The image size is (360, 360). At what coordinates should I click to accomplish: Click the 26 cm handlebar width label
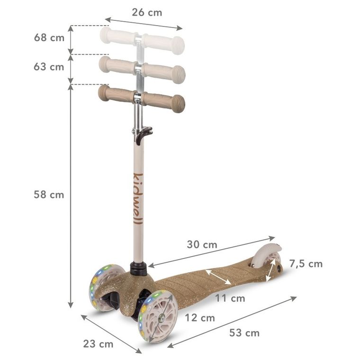(147, 13)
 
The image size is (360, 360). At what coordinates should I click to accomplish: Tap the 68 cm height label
(49, 38)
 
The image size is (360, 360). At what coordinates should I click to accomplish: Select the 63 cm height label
(49, 67)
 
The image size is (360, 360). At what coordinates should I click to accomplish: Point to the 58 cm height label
(49, 195)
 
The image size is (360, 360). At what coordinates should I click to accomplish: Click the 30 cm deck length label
(202, 245)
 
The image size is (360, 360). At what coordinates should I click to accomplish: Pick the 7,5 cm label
(306, 264)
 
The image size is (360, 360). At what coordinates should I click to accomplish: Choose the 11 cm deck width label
(230, 298)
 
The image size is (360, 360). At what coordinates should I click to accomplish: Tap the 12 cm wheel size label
(199, 318)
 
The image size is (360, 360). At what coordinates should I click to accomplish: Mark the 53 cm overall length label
(244, 333)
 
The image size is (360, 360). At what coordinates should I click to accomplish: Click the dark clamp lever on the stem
(142, 134)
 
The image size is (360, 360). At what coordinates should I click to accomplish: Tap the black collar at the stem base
(138, 268)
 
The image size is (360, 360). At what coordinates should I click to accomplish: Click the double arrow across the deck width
(218, 277)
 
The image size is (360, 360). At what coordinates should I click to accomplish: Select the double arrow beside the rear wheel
(272, 271)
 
